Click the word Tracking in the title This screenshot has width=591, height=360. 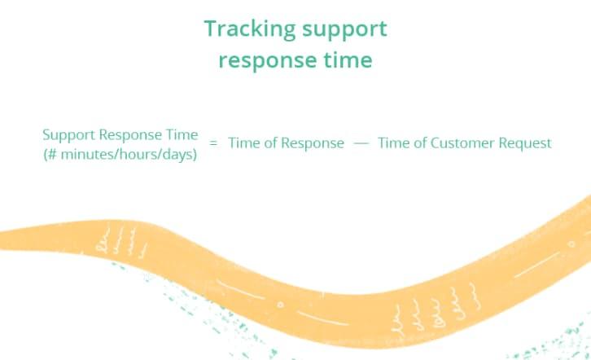click(250, 29)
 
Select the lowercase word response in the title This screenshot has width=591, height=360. click(268, 61)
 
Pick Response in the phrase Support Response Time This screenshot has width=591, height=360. click(130, 136)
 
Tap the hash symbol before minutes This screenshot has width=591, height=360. click(52, 154)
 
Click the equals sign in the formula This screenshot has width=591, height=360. click(213, 143)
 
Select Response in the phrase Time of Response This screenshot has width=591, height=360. click(313, 144)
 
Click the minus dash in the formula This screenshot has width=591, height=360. click(361, 143)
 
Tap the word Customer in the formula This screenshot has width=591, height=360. click(463, 143)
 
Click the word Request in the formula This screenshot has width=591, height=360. click(525, 144)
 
